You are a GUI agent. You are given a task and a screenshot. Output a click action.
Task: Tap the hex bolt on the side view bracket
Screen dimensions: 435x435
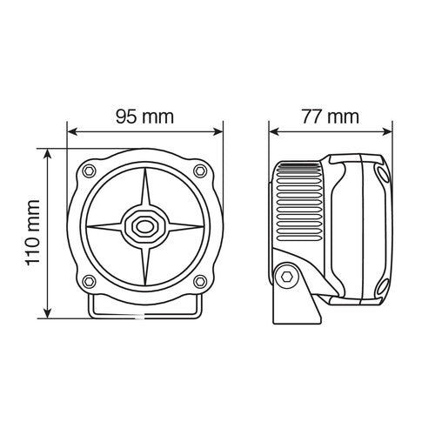point(284,276)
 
